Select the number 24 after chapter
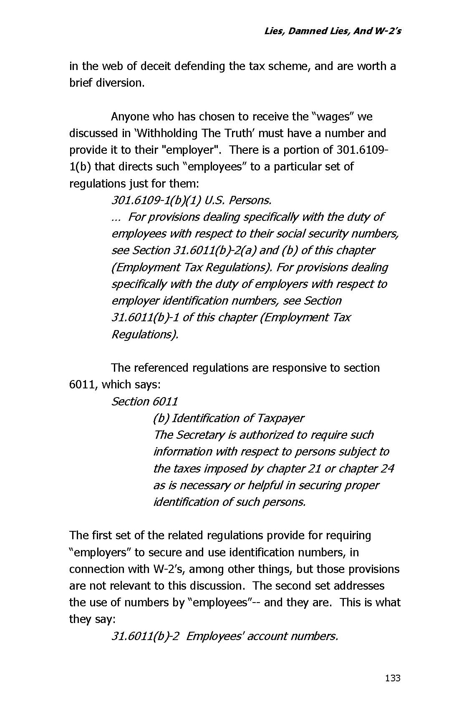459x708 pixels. coord(387,468)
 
